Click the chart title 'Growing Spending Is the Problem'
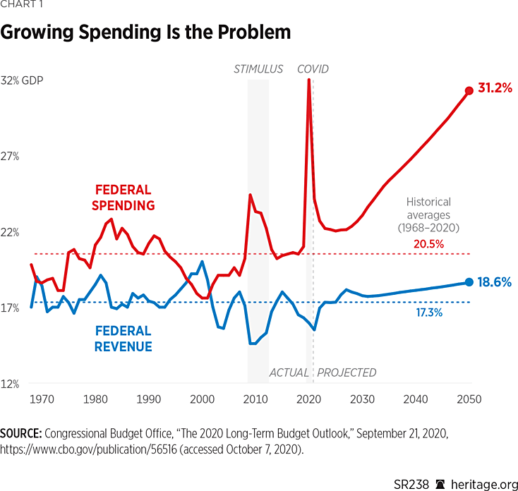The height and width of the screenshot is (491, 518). [146, 32]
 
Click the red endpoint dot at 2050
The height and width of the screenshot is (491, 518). [469, 90]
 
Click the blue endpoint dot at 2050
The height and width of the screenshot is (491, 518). [469, 282]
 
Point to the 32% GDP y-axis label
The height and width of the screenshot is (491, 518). [22, 80]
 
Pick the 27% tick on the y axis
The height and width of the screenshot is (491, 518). [9, 157]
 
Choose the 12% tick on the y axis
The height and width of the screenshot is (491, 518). [9, 384]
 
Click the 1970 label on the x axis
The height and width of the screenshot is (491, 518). [42, 399]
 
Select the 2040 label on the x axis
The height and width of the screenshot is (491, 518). [416, 399]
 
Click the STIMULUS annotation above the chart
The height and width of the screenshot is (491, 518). [258, 69]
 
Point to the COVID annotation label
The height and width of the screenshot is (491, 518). [313, 69]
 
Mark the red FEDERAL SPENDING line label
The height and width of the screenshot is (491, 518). [124, 198]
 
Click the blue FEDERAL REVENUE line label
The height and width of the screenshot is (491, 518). [123, 339]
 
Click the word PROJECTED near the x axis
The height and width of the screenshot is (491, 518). [347, 372]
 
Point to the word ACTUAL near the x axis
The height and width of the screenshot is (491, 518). [289, 372]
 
